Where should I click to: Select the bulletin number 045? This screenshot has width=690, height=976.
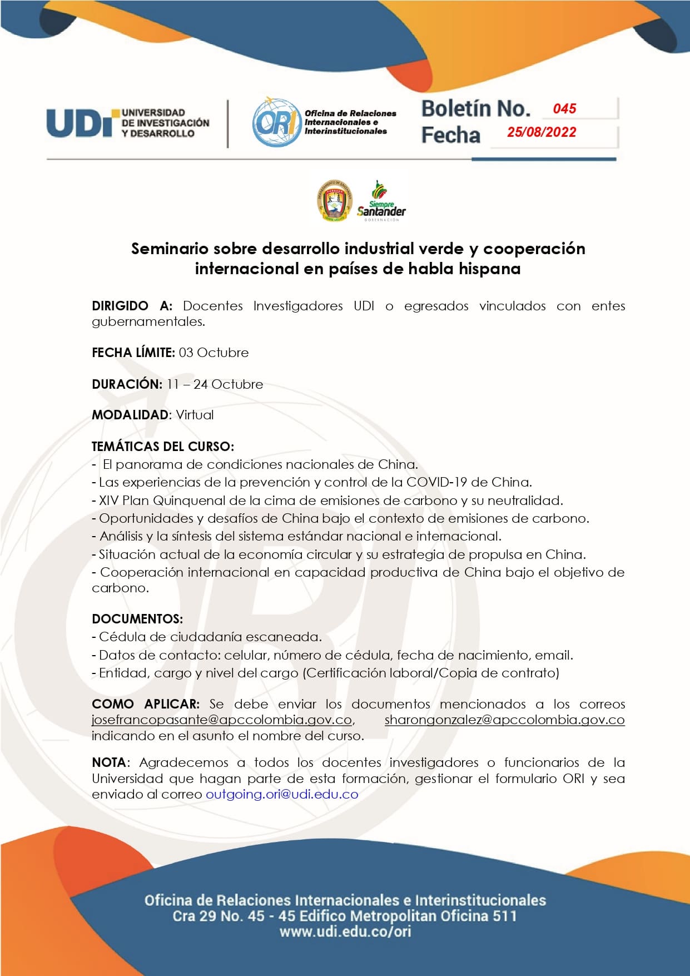pyautogui.click(x=564, y=109)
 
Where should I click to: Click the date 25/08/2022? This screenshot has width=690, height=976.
pyautogui.click(x=541, y=132)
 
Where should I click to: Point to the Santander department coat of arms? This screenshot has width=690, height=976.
pyautogui.click(x=335, y=201)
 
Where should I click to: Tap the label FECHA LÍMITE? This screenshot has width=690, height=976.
pyautogui.click(x=133, y=353)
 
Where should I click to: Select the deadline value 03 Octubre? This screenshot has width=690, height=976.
pyautogui.click(x=214, y=353)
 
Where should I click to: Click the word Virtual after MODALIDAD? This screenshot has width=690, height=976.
pyautogui.click(x=195, y=415)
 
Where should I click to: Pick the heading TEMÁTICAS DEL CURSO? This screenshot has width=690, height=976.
pyautogui.click(x=163, y=447)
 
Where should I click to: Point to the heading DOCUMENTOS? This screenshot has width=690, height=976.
pyautogui.click(x=137, y=619)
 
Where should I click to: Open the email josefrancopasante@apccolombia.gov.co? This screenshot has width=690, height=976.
pyautogui.click(x=222, y=720)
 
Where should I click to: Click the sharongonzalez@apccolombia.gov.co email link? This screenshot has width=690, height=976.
pyautogui.click(x=504, y=720)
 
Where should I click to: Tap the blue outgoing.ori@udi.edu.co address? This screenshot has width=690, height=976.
pyautogui.click(x=282, y=794)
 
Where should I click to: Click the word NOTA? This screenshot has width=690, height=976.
pyautogui.click(x=109, y=762)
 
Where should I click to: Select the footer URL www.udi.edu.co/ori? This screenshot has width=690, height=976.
pyautogui.click(x=345, y=932)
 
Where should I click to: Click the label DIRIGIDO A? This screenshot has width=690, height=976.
pyautogui.click(x=132, y=306)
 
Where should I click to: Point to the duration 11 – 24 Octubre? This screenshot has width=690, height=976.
pyautogui.click(x=215, y=384)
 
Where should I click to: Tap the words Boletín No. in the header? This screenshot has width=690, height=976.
pyautogui.click(x=476, y=109)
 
